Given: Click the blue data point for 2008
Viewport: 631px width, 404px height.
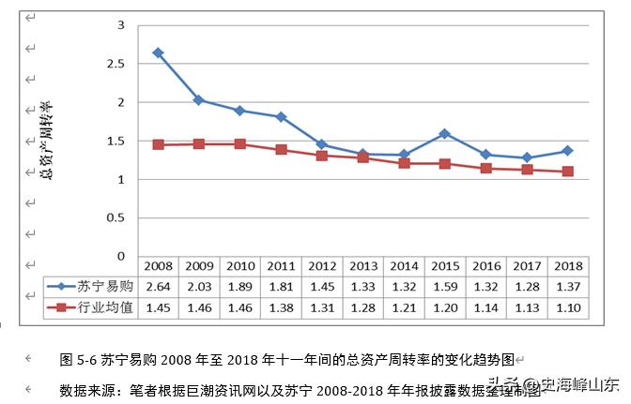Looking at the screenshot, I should [x=159, y=52].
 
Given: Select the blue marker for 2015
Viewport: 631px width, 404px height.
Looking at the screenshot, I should [x=444, y=133].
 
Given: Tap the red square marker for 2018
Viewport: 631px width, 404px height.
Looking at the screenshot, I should [x=568, y=172].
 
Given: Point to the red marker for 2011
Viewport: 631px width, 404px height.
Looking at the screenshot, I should [x=282, y=150].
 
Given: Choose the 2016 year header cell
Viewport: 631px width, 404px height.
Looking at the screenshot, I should [x=485, y=267].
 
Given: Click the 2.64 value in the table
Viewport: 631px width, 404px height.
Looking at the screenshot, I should [x=159, y=287].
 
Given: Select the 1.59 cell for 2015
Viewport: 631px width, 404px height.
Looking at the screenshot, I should [x=444, y=287].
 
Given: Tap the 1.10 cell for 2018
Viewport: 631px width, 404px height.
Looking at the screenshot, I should [x=567, y=307].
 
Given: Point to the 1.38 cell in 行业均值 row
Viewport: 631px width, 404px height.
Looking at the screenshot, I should [x=282, y=307].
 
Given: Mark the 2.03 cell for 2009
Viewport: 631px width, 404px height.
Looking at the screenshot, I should [x=199, y=287].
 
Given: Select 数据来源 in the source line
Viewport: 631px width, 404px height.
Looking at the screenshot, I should [x=88, y=389].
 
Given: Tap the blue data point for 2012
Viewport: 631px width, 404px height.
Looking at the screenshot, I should [x=322, y=144].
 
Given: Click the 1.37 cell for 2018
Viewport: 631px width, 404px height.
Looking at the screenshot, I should [x=567, y=287].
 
